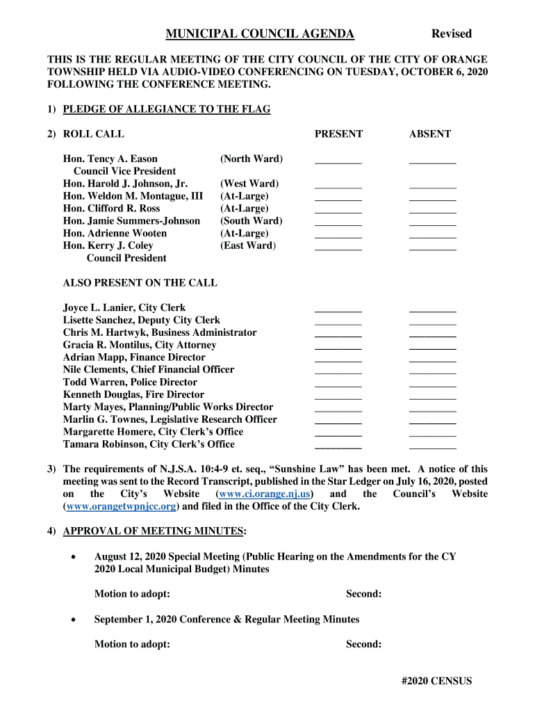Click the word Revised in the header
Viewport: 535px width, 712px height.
pos(451,34)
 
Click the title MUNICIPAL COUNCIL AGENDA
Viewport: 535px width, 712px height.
pos(260,34)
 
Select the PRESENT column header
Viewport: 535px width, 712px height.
pos(338,134)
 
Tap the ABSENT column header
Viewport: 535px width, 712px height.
pos(430,134)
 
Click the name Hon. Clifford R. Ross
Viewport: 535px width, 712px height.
pos(111,209)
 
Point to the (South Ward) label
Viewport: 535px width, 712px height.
pos(251,221)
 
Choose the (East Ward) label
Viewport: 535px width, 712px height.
pos(248,246)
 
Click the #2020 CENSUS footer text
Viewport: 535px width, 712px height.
pos(436,681)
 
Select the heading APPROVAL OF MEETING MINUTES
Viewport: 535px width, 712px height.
pos(154,532)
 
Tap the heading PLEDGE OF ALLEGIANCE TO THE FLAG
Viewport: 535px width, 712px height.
pos(166,109)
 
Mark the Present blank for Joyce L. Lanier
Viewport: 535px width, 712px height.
pos(338,309)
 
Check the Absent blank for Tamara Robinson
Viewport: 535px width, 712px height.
pos(433,446)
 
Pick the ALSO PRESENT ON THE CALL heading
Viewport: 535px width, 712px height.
pos(140,283)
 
